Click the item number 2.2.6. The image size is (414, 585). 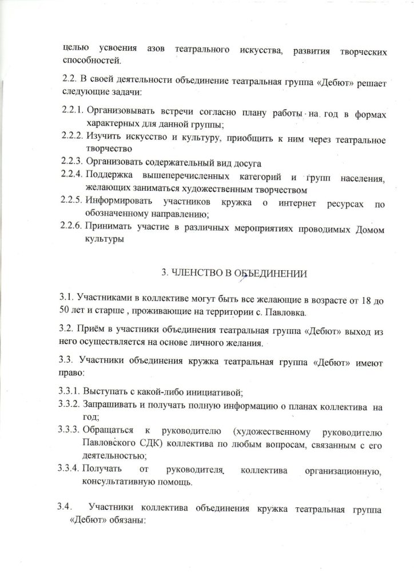pyautogui.click(x=71, y=229)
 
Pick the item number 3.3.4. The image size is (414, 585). pyautogui.click(x=69, y=469)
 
